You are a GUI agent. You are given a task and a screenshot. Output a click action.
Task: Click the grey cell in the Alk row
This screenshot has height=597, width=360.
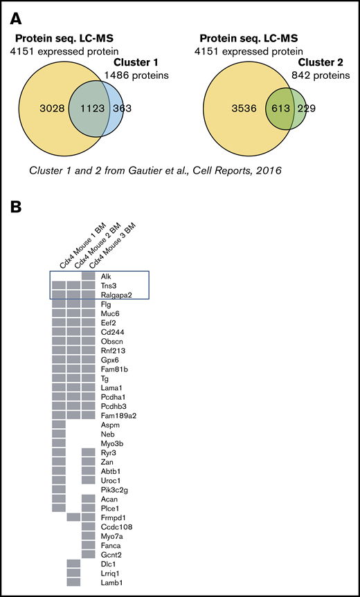(88, 275)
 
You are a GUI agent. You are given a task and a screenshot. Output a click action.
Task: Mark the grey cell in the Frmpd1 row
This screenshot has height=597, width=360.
(73, 517)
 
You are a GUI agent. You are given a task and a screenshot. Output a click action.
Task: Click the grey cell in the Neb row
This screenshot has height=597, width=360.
(59, 433)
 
